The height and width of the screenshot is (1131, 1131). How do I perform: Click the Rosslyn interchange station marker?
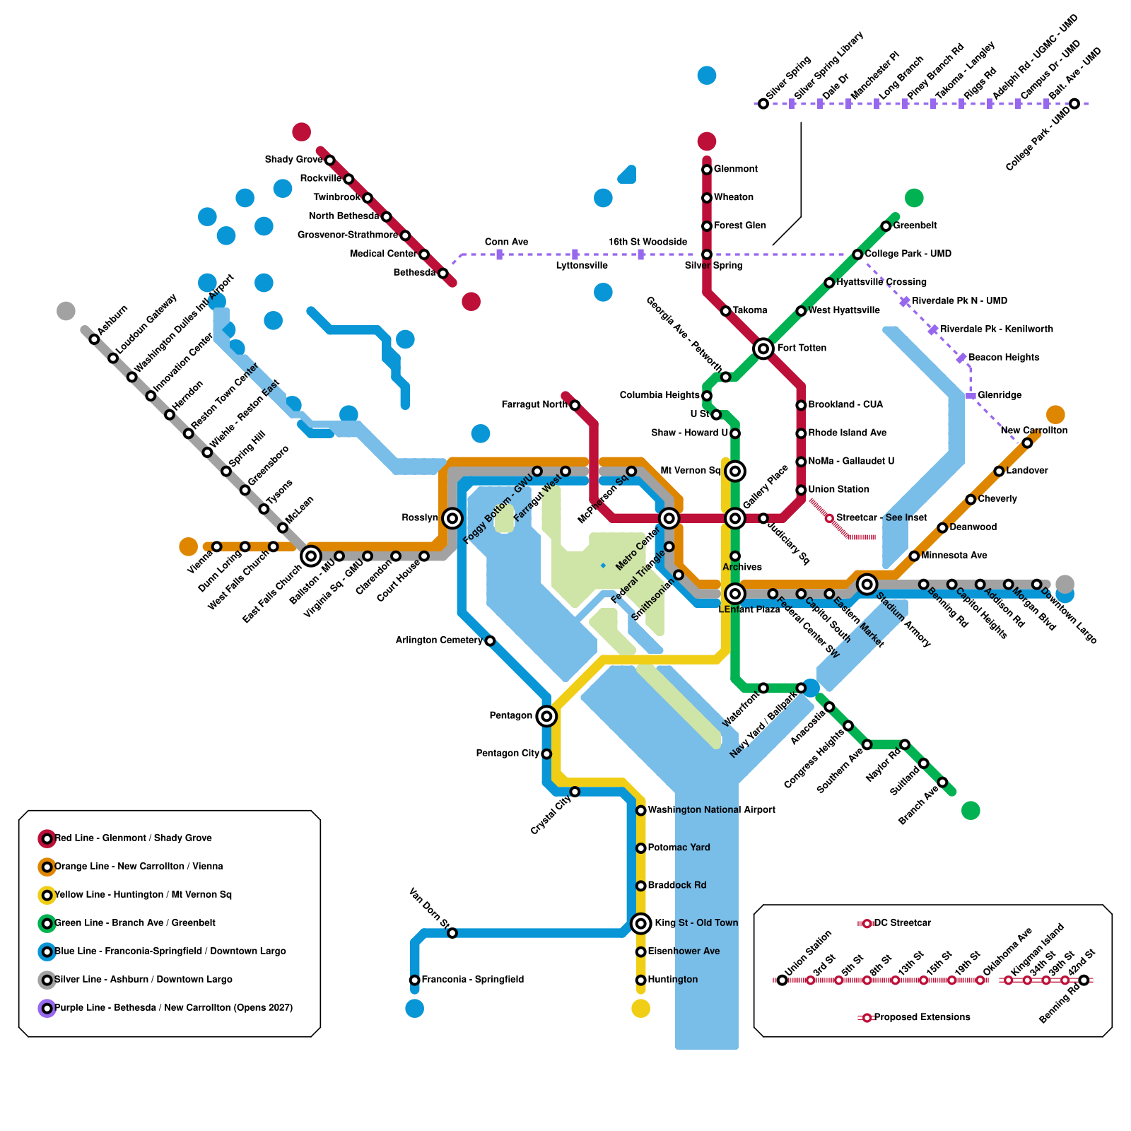tap(452, 518)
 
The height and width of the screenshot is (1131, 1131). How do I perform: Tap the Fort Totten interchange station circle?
tap(763, 348)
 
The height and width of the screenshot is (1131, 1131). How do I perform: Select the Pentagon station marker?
tap(546, 716)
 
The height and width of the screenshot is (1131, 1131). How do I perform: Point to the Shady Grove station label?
tap(293, 160)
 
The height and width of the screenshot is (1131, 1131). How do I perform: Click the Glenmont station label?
tap(735, 169)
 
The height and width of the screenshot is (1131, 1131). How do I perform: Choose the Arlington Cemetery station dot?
tap(490, 641)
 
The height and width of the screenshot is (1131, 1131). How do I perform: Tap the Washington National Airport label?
tap(711, 810)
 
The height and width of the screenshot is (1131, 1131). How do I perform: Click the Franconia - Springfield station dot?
tap(415, 980)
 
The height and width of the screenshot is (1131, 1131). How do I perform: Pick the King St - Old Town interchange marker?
tap(640, 923)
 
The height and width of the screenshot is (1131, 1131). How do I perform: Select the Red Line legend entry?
tap(133, 838)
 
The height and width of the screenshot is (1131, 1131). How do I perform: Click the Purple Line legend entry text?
tap(173, 1008)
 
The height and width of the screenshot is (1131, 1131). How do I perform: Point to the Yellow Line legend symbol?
tap(47, 895)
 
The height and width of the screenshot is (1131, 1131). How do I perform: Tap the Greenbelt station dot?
tap(886, 226)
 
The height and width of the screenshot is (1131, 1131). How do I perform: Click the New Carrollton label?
tap(1033, 430)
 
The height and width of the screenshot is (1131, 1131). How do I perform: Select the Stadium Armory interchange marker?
tap(867, 584)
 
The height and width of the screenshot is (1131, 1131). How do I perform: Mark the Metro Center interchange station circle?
tap(669, 518)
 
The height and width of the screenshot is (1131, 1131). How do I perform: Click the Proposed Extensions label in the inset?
tap(922, 1017)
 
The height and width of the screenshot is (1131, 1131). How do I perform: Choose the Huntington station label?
tap(672, 980)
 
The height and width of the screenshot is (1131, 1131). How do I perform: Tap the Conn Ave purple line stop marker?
tap(500, 254)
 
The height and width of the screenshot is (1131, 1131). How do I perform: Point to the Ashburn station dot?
tap(94, 339)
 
